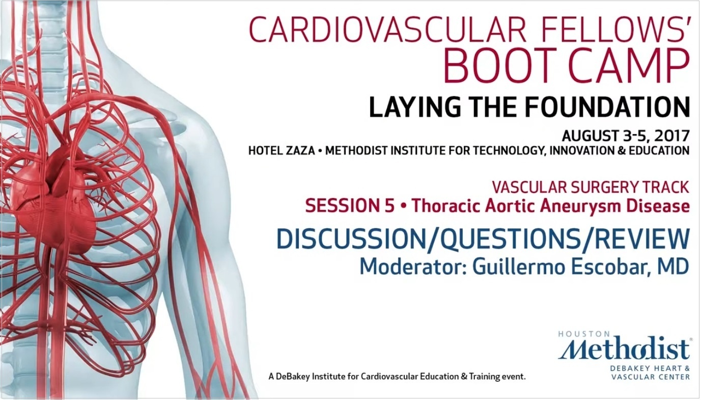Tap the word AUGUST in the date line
click(590, 136)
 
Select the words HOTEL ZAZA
click(282, 151)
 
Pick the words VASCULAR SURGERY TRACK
click(591, 188)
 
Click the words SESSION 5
click(350, 206)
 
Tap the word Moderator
click(413, 266)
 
